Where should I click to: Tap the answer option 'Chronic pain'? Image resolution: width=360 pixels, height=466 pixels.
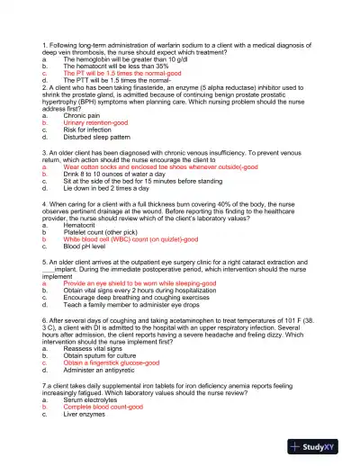point(87,116)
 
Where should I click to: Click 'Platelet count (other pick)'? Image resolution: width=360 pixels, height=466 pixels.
point(109,233)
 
